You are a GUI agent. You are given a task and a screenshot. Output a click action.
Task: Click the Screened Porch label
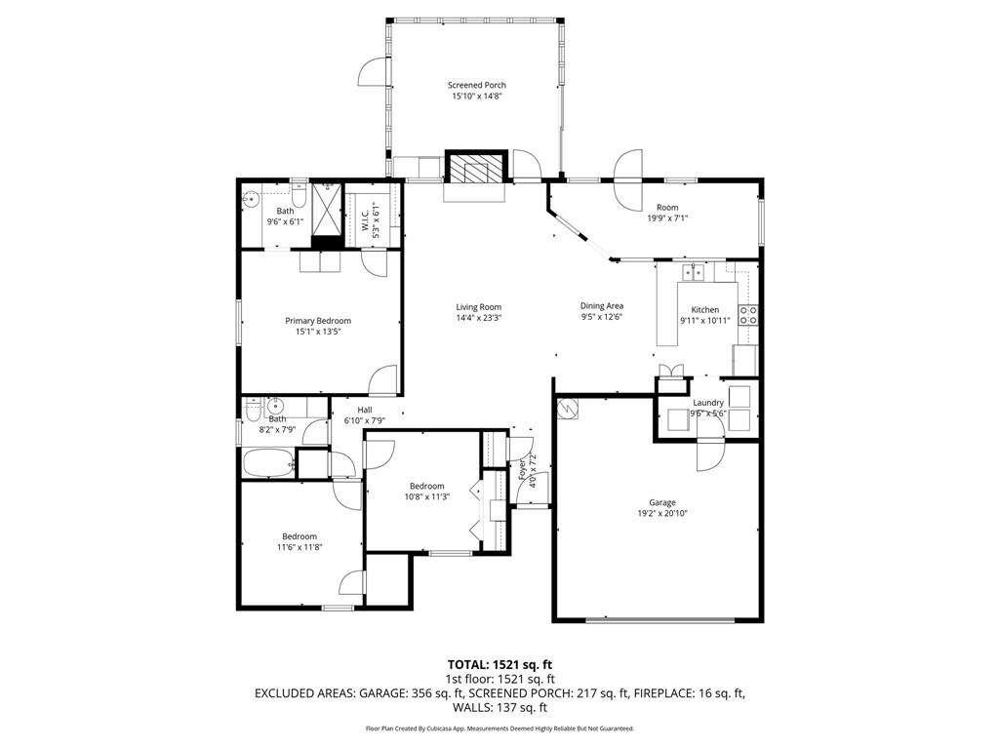477,85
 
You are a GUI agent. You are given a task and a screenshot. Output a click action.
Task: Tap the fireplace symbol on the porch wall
477,168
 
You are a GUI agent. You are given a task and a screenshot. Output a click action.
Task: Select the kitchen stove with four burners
749,315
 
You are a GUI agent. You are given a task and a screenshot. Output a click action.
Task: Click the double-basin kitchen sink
695,272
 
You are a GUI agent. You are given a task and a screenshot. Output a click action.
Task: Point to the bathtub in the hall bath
267,463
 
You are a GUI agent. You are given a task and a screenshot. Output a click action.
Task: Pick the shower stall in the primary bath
326,213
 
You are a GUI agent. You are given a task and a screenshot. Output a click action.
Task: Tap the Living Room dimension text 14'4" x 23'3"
478,318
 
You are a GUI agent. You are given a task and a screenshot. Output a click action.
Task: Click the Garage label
662,503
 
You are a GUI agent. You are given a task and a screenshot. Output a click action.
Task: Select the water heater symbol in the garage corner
567,410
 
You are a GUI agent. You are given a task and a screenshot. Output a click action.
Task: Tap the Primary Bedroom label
318,321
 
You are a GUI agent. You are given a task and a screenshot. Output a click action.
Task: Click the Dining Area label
602,305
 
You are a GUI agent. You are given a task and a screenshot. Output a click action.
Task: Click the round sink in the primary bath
251,201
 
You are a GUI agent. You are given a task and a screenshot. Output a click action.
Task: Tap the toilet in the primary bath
299,199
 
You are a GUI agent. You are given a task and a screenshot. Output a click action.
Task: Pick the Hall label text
365,410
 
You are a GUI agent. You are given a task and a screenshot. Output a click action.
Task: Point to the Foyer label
522,472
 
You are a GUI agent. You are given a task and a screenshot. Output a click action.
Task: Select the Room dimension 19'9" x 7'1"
666,218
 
